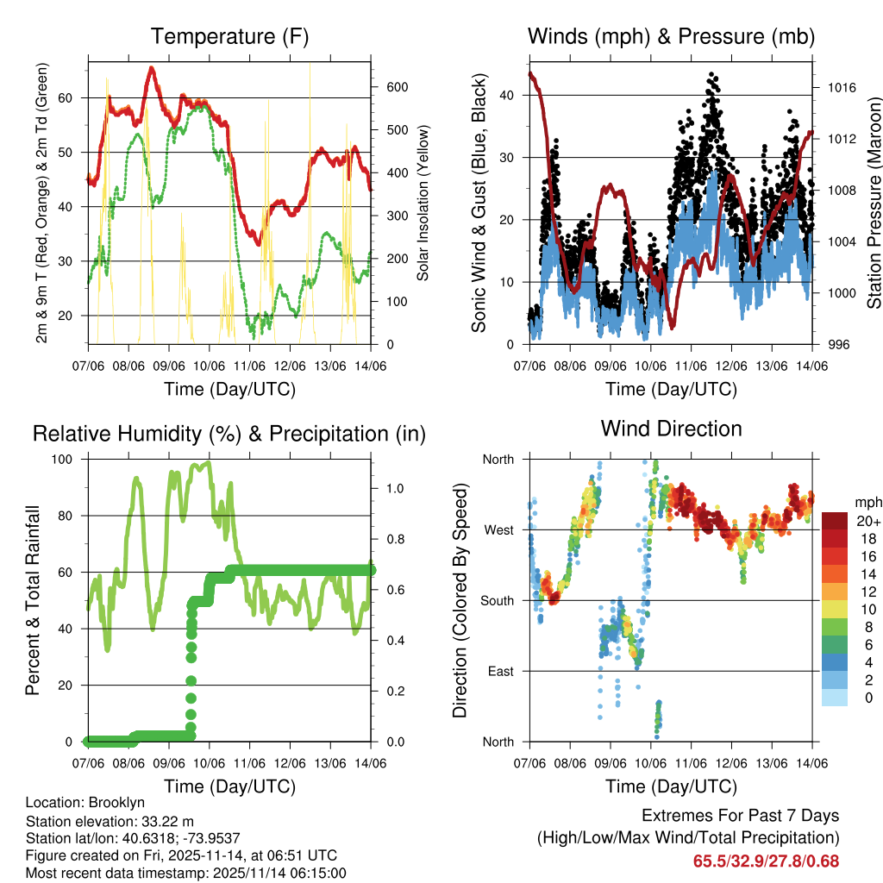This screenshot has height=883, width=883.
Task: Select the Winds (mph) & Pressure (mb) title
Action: click(671, 36)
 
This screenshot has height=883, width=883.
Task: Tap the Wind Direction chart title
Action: click(671, 428)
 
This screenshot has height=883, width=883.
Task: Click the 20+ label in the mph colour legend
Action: click(868, 521)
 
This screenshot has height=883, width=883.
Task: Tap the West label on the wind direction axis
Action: click(498, 529)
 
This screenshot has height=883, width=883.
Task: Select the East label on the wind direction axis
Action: click(500, 671)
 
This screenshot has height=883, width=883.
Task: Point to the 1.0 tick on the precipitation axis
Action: click(395, 488)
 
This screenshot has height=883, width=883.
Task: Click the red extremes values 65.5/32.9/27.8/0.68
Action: click(766, 861)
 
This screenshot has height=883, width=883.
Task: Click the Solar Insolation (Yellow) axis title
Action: click(423, 204)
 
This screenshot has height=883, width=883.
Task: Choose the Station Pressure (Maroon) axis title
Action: click(874, 204)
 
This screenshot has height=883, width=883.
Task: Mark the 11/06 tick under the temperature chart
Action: click(250, 366)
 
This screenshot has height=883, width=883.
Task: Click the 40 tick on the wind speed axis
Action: click(509, 96)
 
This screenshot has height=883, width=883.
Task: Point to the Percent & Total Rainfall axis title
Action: click(33, 600)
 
